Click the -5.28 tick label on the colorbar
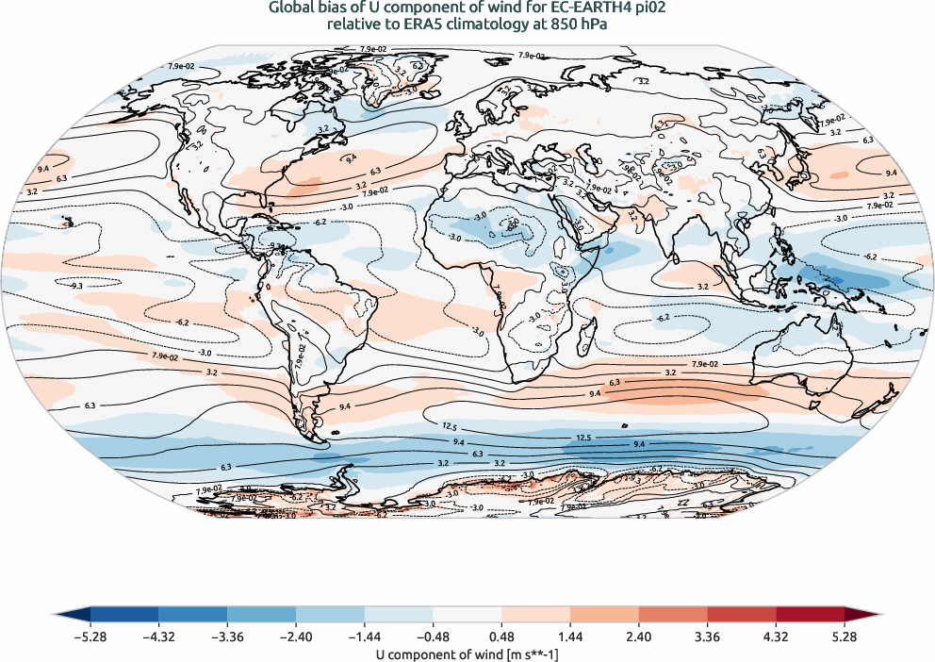90,637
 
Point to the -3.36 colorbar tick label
227,637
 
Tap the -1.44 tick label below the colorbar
364,637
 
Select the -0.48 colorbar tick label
433,637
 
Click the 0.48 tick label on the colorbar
501,637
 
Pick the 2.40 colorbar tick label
638,637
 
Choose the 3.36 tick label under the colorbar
707,637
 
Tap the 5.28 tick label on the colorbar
844,637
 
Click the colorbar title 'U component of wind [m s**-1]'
467,653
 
